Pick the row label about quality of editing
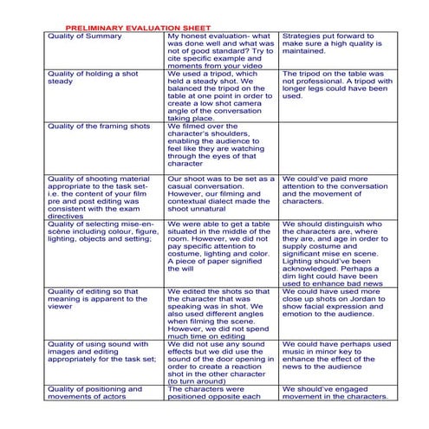(x=102, y=298)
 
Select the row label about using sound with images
(x=102, y=354)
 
